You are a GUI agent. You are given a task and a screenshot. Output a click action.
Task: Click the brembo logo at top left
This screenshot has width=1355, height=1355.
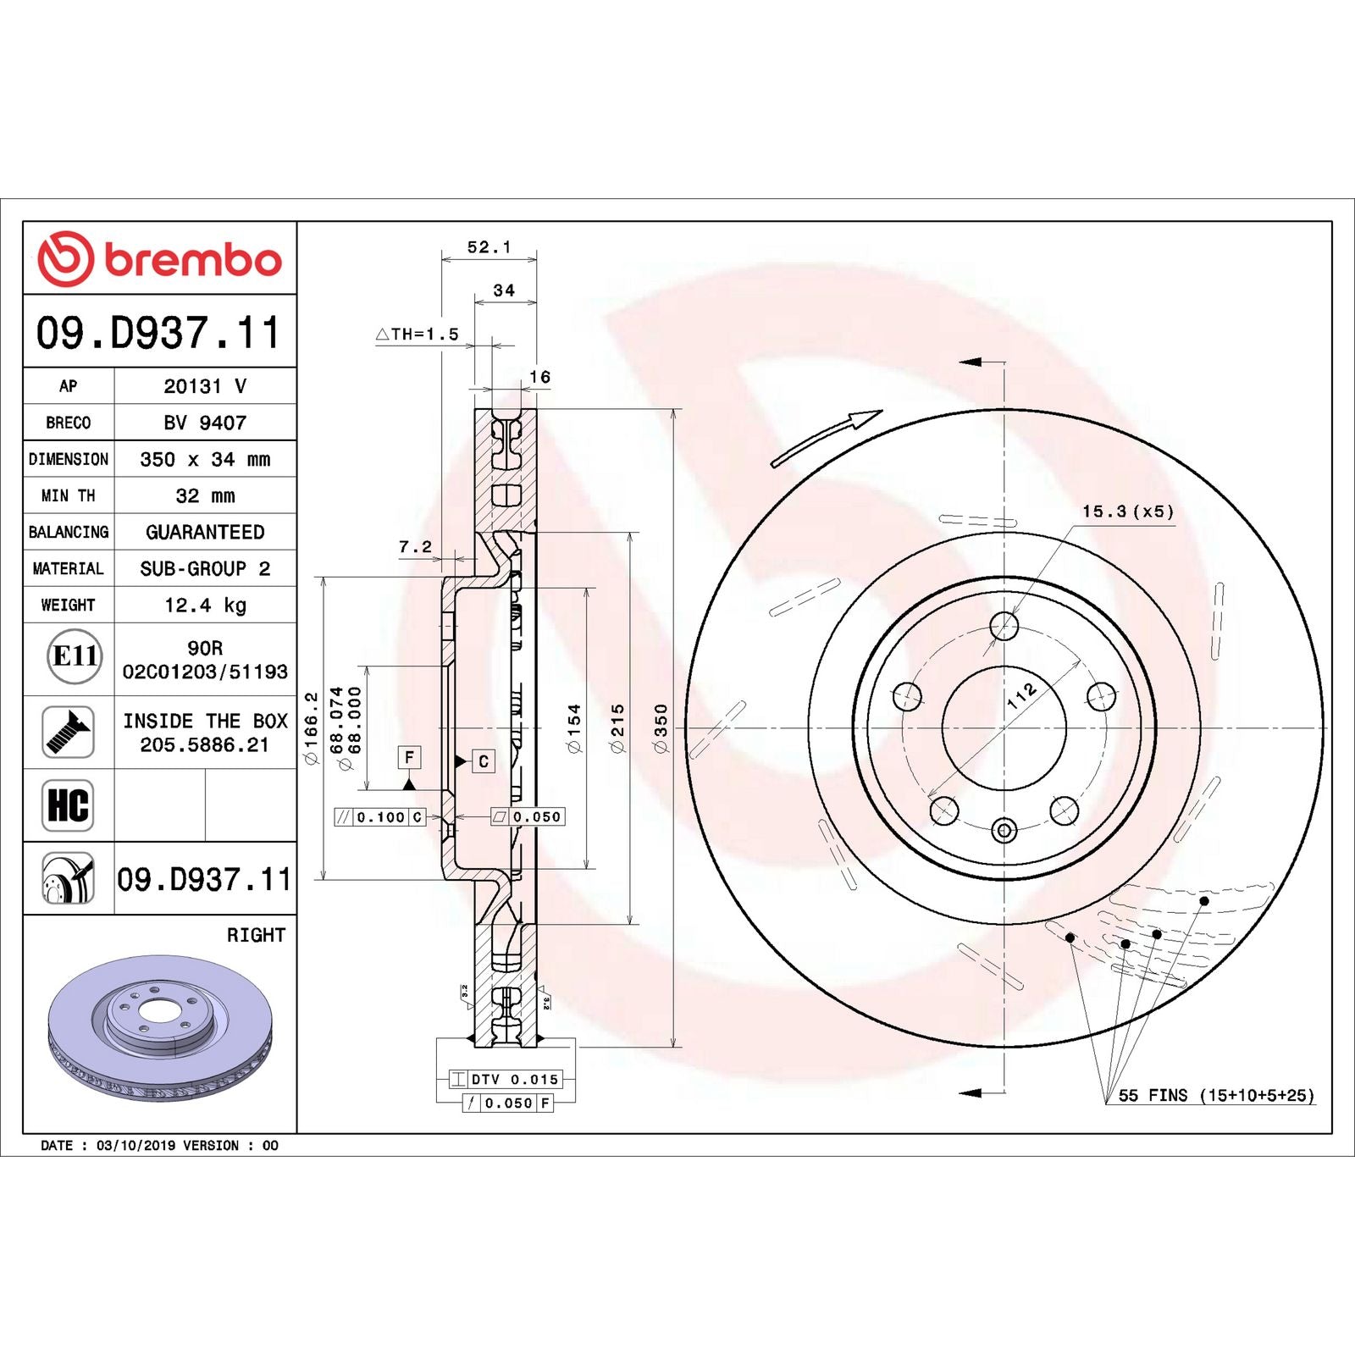click(159, 258)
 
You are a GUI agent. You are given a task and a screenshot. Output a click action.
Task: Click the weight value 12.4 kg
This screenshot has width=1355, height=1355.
click(205, 605)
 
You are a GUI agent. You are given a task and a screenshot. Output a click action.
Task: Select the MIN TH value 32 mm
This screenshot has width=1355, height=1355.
click(205, 495)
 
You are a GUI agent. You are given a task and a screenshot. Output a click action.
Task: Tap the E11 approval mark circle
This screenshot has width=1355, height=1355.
click(75, 657)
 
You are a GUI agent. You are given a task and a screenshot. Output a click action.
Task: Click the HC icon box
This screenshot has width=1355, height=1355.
click(68, 805)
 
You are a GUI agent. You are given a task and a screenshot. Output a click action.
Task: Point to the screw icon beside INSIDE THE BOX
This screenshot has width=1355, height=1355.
click(68, 732)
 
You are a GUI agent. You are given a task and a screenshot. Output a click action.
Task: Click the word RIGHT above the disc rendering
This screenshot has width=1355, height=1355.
click(256, 935)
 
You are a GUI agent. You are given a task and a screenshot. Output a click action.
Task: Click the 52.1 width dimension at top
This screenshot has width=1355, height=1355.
click(489, 247)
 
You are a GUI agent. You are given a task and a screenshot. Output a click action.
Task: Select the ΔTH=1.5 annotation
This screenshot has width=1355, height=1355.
click(418, 335)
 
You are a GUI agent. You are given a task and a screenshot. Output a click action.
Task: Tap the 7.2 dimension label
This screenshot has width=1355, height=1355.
click(415, 547)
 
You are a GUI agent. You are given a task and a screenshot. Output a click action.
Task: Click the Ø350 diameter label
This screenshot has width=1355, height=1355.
click(661, 728)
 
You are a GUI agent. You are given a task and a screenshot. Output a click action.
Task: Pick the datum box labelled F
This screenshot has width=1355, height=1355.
click(409, 757)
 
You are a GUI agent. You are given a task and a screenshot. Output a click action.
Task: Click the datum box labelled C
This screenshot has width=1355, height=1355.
click(483, 761)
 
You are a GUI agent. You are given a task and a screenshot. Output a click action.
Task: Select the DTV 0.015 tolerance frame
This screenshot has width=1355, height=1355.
click(506, 1079)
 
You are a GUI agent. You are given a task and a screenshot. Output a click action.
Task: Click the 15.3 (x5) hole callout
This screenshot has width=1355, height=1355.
click(1127, 512)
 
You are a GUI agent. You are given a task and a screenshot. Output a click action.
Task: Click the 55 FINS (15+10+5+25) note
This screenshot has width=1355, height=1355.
click(1216, 1095)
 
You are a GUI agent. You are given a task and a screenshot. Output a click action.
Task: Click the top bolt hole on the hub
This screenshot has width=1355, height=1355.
click(1004, 627)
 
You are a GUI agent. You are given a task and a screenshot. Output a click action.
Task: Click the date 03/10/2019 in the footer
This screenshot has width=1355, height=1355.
click(135, 1145)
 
